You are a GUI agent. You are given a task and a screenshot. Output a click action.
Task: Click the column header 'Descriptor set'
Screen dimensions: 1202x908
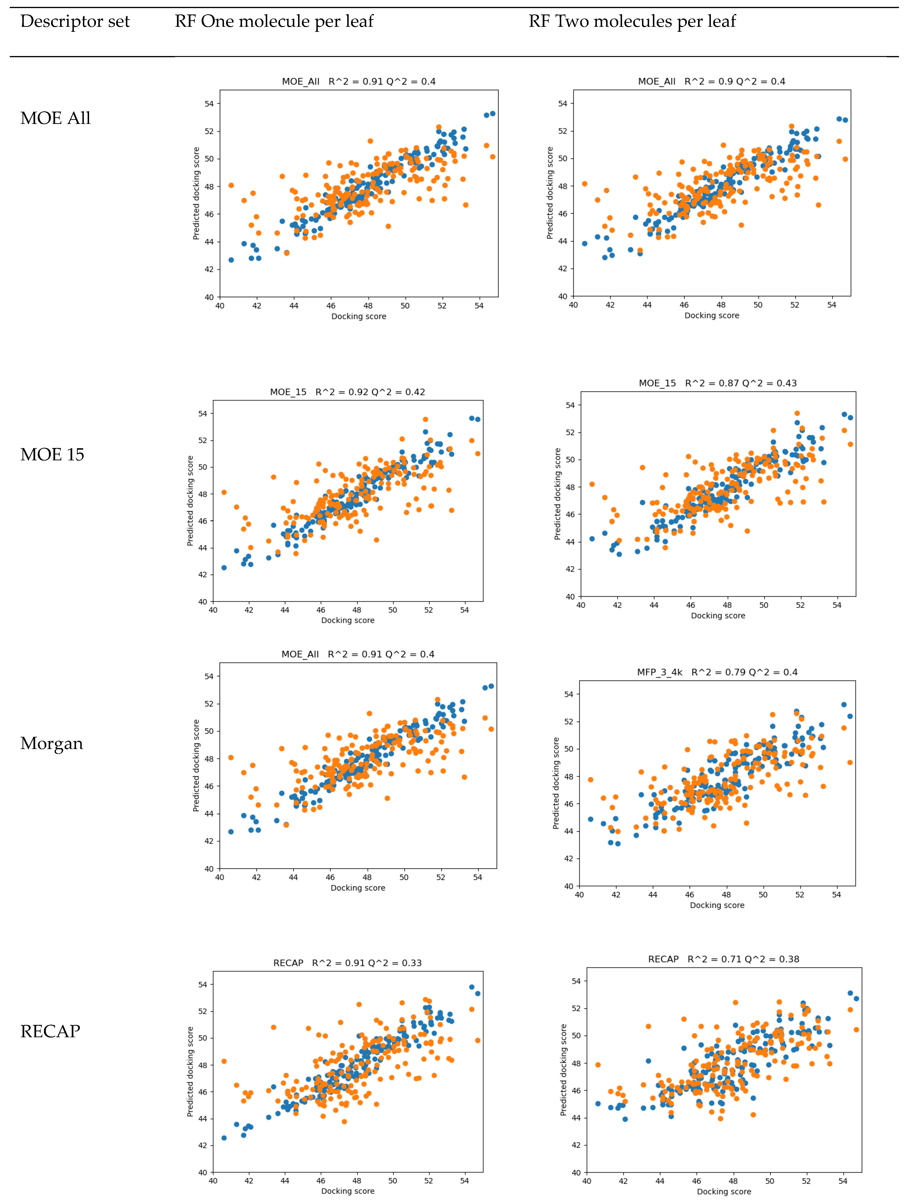coord(75,22)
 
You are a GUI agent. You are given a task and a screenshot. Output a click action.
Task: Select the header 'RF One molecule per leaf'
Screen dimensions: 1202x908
coord(274,22)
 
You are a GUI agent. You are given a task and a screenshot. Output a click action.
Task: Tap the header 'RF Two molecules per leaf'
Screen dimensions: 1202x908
coord(632,22)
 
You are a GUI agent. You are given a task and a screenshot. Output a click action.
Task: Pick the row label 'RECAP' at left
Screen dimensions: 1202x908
coord(50,1031)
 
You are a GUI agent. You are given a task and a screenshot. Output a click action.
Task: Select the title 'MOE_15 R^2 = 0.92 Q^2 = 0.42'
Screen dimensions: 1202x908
coord(347,392)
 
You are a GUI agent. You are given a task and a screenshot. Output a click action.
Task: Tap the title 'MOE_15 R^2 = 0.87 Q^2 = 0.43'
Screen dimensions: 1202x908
coord(718,383)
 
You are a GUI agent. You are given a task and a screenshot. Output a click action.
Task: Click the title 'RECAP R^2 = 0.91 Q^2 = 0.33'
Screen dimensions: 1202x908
coord(347,963)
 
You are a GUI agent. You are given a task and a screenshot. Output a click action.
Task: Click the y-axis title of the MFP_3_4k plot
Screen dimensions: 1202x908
coord(556,783)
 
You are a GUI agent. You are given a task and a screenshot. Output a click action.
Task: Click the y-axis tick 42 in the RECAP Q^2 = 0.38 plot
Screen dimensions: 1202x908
coord(576,1145)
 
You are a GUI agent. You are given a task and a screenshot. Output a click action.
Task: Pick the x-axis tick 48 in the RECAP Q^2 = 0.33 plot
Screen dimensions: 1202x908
coord(357,1181)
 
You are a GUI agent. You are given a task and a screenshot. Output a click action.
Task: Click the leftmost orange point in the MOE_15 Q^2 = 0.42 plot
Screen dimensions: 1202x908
coord(224,492)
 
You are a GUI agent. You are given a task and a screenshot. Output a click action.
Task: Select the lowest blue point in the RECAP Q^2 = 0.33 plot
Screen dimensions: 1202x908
coord(224,1138)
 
